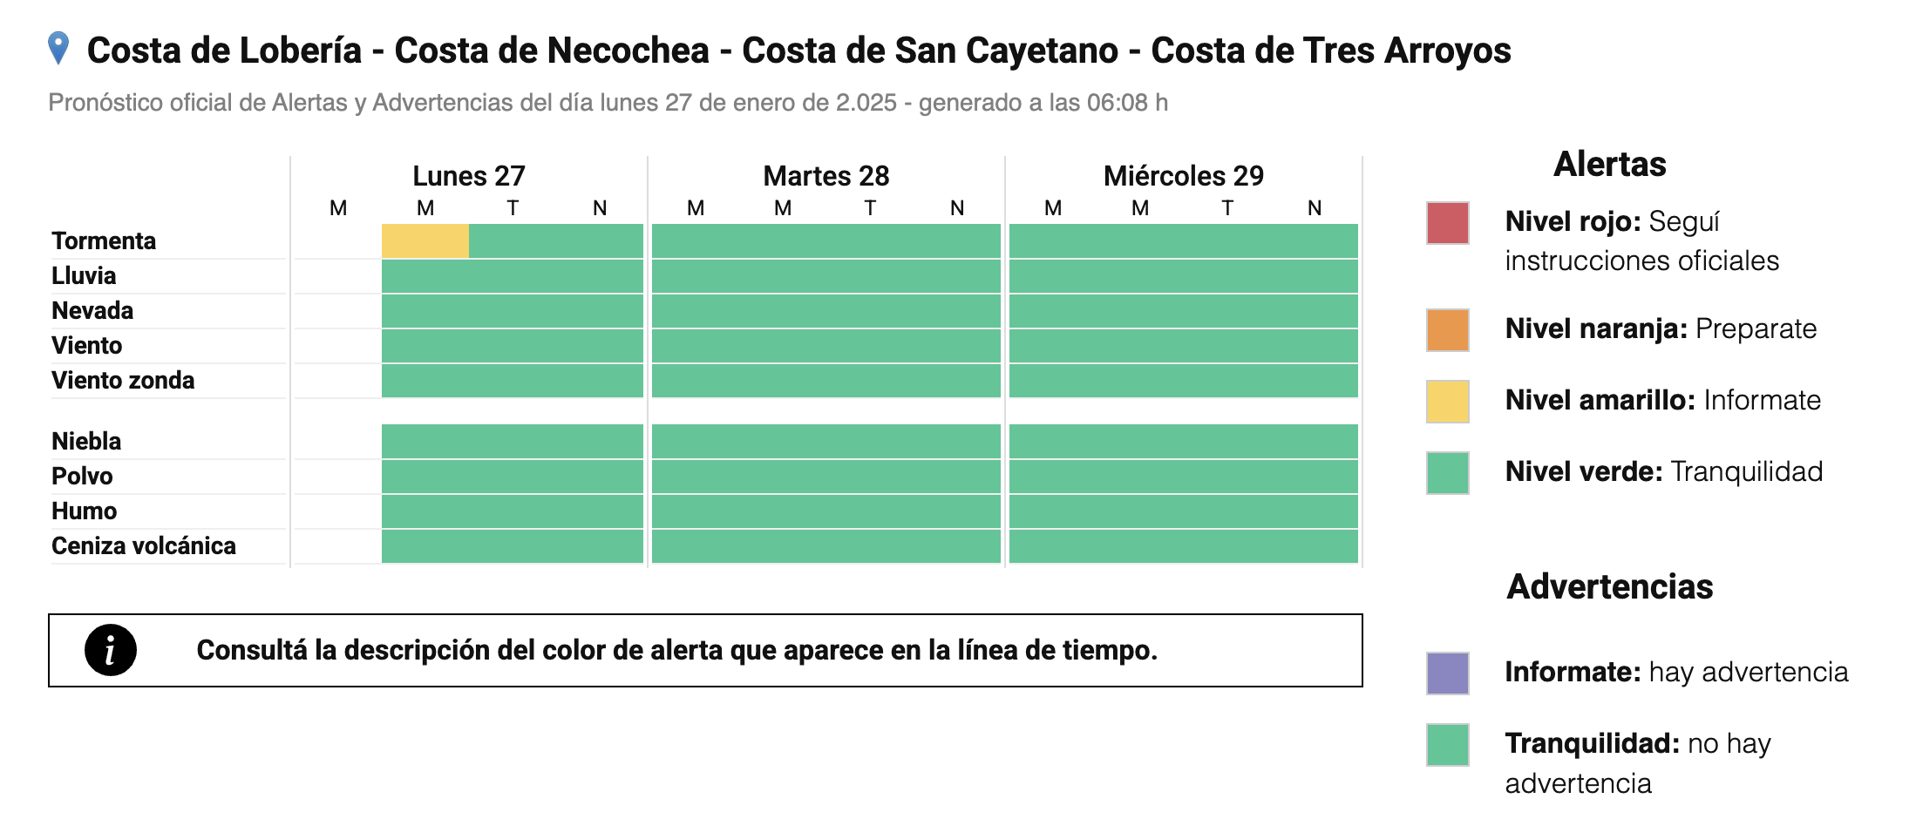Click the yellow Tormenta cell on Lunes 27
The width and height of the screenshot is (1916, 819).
[425, 241]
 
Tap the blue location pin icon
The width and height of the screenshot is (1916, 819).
[58, 48]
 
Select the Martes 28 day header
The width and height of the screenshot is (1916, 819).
[826, 176]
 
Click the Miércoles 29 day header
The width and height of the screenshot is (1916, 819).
[1183, 176]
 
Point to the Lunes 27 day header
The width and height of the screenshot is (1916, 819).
[468, 176]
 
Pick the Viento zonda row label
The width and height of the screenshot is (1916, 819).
[123, 381]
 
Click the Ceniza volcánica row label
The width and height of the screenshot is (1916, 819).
[144, 546]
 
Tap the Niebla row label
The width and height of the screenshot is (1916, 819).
[86, 442]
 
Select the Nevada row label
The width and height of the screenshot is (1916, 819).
[92, 311]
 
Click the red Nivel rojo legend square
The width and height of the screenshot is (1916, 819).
[1447, 223]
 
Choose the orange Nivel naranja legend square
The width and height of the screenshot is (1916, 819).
[1447, 330]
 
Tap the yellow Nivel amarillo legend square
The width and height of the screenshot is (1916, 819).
[1447, 402]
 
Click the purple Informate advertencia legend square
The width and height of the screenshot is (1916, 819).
[1447, 673]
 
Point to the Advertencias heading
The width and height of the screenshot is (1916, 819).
[1609, 586]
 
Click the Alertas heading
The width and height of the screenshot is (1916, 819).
[1609, 164]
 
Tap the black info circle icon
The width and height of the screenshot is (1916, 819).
[111, 650]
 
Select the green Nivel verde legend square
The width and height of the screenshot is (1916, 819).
[1447, 473]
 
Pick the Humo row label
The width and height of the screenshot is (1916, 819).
[84, 511]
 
